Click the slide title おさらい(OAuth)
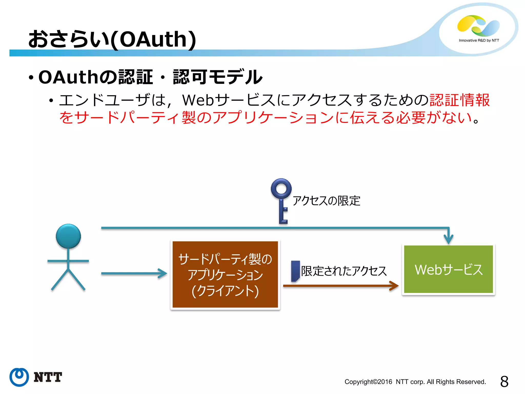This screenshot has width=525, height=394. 112,39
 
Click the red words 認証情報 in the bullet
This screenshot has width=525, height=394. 459,100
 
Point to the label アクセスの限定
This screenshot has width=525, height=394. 326,201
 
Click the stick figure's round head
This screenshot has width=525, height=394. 68,236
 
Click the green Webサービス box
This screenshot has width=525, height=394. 448,269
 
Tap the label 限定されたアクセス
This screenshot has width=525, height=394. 344,271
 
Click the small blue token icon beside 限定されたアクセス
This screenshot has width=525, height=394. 295,271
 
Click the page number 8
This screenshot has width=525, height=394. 504,382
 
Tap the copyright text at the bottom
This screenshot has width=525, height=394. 415,382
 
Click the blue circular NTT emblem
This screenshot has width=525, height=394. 19,377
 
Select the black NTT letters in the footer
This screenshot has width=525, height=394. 48,377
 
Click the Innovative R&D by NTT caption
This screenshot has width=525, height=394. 479,40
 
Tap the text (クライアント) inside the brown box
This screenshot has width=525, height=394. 225,291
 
